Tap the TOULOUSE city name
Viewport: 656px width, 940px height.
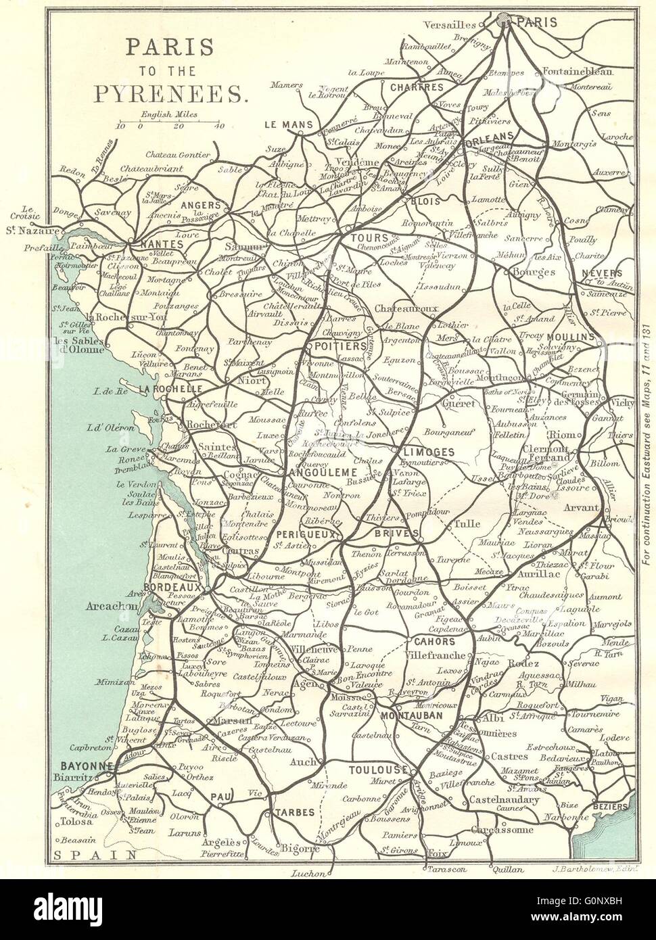pyautogui.click(x=377, y=770)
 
